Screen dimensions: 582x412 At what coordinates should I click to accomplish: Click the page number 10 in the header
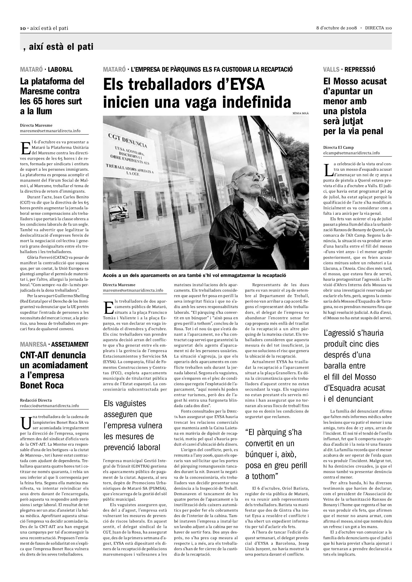(x=22, y=28)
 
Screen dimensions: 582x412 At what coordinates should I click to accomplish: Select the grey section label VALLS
(x=331, y=69)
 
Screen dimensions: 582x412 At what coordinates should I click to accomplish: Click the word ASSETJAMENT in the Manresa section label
(x=70, y=344)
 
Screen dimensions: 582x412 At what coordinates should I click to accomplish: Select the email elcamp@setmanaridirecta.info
(x=351, y=153)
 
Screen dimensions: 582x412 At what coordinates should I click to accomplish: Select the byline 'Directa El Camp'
(x=338, y=148)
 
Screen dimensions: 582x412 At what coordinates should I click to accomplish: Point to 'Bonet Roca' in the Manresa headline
(x=42, y=385)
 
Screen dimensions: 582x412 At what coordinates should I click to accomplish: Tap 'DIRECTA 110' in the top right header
(x=378, y=28)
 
